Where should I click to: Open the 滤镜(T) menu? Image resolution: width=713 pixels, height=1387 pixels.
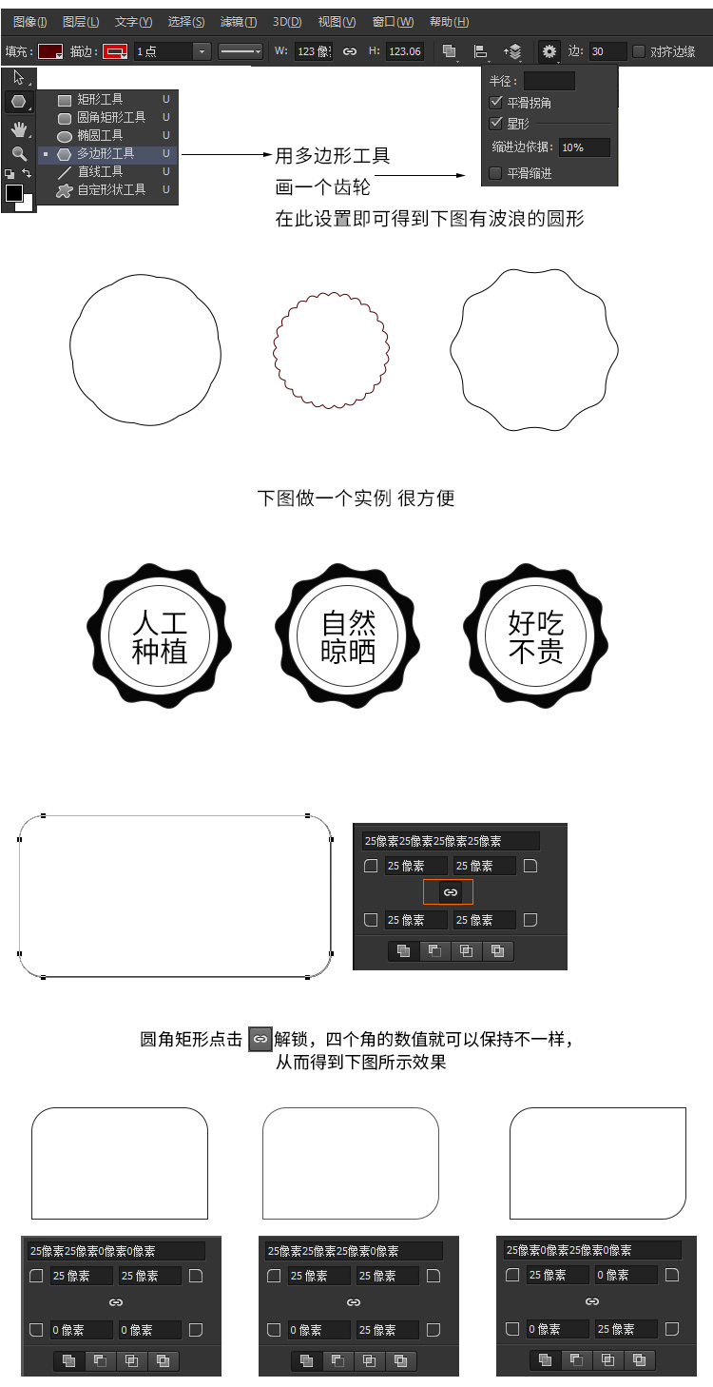(239, 22)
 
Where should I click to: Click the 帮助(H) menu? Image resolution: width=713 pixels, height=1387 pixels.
(450, 22)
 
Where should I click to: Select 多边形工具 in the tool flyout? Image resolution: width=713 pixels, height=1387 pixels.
(106, 153)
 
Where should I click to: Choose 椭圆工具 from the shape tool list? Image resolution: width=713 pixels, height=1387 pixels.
(99, 135)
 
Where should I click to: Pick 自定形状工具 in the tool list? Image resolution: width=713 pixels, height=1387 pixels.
(111, 189)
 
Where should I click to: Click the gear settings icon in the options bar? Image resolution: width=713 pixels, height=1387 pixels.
(549, 51)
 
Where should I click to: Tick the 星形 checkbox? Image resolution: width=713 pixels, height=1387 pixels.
(495, 124)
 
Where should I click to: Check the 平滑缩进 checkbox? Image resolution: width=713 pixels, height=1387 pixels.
(495, 173)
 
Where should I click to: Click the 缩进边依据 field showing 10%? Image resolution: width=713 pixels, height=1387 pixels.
(585, 147)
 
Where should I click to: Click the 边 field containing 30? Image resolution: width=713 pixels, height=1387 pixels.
(607, 51)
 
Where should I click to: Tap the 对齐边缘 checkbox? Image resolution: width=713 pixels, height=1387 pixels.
(639, 51)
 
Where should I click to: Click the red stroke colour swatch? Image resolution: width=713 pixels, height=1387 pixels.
(115, 51)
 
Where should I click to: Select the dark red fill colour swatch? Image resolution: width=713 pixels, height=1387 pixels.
(50, 51)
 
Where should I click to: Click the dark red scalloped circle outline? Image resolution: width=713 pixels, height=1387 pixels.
(274, 350)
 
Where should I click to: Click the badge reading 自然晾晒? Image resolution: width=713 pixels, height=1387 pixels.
(348, 635)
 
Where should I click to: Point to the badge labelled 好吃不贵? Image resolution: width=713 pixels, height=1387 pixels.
(536, 635)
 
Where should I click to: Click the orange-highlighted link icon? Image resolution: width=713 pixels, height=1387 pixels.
(450, 892)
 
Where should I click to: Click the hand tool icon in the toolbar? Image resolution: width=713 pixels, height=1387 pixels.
(19, 129)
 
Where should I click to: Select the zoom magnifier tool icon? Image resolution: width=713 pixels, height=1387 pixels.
(19, 153)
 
